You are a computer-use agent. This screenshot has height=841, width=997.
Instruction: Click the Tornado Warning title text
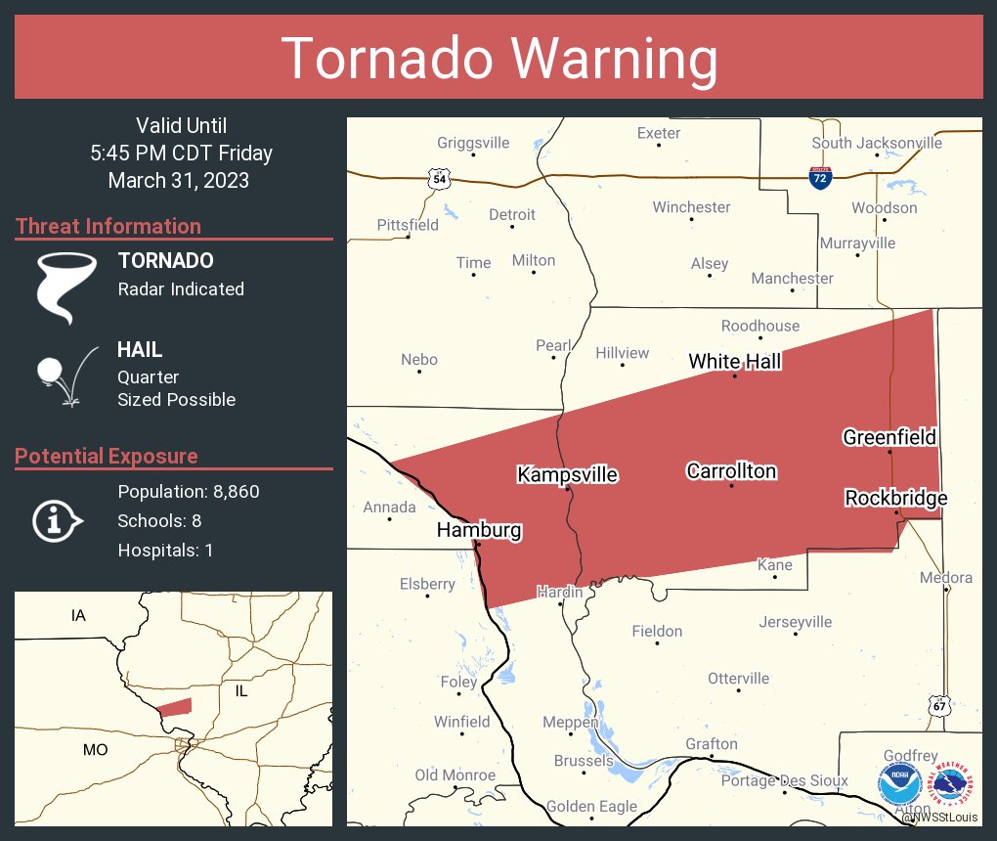pyautogui.click(x=498, y=59)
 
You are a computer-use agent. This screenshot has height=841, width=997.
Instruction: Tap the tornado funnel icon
pyautogui.click(x=67, y=287)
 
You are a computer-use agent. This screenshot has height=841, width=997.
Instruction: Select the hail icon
pyautogui.click(x=65, y=375)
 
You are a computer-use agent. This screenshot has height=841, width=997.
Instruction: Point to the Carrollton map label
pyautogui.click(x=731, y=471)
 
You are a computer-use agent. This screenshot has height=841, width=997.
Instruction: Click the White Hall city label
pyautogui.click(x=734, y=362)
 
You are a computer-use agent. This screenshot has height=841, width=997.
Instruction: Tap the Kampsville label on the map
pyautogui.click(x=567, y=474)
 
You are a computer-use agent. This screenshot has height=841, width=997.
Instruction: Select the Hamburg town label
pyautogui.click(x=479, y=531)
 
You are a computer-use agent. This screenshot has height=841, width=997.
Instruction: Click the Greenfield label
pyautogui.click(x=889, y=437)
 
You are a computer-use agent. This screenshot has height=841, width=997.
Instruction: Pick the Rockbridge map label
pyautogui.click(x=895, y=499)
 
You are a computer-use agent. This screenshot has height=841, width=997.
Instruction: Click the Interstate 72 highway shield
pyautogui.click(x=821, y=178)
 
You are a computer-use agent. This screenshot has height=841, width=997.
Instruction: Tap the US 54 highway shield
pyautogui.click(x=439, y=179)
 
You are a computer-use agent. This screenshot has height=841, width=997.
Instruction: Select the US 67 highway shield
pyautogui.click(x=939, y=705)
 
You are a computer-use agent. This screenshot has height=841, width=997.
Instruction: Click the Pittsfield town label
pyautogui.click(x=408, y=225)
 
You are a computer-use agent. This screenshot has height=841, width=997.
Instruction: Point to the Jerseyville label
pyautogui.click(x=796, y=622)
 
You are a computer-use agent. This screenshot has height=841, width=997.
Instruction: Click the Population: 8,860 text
pyautogui.click(x=189, y=492)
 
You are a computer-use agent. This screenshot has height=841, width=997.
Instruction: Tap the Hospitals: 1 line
pyautogui.click(x=165, y=551)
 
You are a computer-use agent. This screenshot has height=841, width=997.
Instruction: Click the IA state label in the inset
pyautogui.click(x=78, y=616)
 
